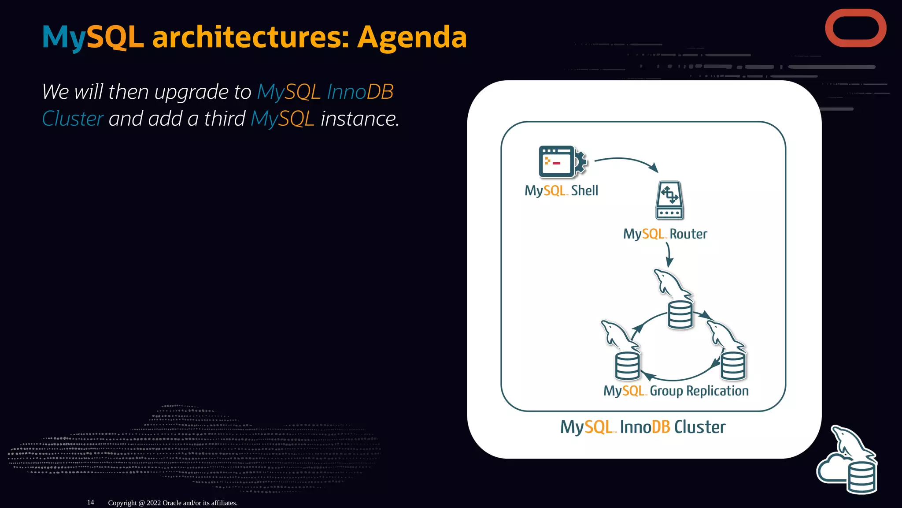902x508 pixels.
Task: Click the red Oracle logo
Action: tap(855, 28)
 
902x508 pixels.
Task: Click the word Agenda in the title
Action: tap(412, 37)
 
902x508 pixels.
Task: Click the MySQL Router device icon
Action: tap(669, 201)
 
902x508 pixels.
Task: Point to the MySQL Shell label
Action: tap(561, 190)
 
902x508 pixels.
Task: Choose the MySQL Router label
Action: tap(665, 234)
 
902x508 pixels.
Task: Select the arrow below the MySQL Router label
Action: tap(669, 255)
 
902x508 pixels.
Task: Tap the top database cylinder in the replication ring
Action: tap(680, 314)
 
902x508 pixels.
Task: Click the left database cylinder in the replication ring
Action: tap(627, 366)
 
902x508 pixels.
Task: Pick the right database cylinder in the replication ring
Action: tap(733, 366)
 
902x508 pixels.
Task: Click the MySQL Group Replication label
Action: tap(676, 391)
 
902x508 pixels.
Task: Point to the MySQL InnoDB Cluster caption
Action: tap(643, 427)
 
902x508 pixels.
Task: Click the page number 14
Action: tap(91, 502)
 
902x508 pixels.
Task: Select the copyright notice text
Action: tap(173, 503)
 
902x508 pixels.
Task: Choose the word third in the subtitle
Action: tap(225, 119)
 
